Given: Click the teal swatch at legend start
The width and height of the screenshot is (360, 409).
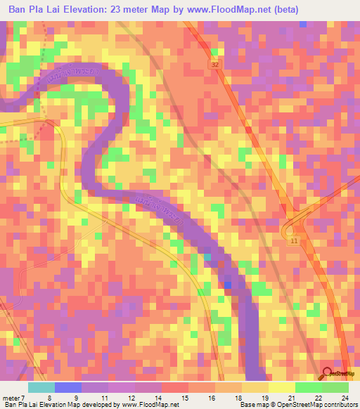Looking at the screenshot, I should pos(41,387).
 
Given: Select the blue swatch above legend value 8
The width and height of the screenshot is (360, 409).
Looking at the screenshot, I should pos(68,387).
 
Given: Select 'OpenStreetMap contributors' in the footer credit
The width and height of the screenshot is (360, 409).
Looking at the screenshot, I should pos(315,405).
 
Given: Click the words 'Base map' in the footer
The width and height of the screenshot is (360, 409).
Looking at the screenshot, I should pos(252,405).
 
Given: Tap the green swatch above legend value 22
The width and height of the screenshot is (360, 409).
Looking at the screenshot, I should pos(309,387).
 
